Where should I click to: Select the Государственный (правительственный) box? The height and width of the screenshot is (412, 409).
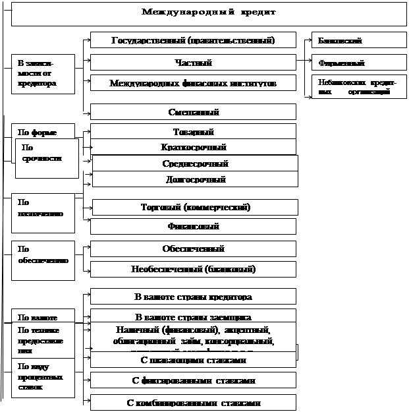193,41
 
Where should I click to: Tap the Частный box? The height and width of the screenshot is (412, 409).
193,63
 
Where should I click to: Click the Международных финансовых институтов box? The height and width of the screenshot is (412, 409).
193,84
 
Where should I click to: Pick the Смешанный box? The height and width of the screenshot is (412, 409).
193,112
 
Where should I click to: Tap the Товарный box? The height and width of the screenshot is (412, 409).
193,132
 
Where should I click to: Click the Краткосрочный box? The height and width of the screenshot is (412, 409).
193,147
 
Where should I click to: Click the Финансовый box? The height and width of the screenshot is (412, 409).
194,226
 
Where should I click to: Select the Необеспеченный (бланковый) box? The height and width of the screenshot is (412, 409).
194,269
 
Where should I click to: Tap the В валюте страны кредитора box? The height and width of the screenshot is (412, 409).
194,297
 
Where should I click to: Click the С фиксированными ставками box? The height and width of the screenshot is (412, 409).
194,380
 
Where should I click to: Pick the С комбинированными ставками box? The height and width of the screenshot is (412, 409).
194,402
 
